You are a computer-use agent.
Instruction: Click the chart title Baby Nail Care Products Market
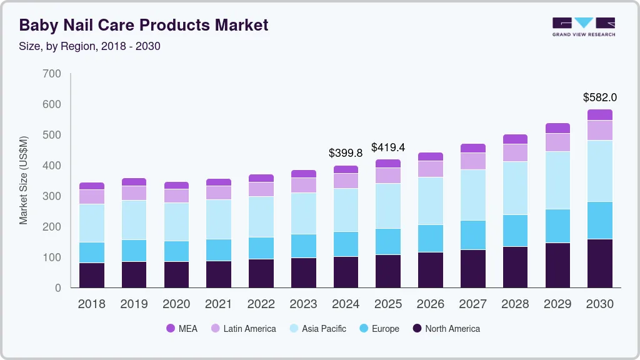coord(144,25)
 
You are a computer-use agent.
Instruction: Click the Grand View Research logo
coord(583,26)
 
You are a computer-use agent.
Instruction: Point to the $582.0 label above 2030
coord(599,97)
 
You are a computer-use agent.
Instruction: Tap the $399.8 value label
coord(346,152)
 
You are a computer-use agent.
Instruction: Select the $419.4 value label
coord(388,147)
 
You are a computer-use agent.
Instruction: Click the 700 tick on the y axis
coord(52,74)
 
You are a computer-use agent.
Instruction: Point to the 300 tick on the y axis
coord(52,196)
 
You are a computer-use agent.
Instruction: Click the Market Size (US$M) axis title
coord(24,180)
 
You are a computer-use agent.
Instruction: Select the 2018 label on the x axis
coord(91,304)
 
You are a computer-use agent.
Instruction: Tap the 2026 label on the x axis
coord(430,304)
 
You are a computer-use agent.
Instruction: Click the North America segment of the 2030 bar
coord(599,263)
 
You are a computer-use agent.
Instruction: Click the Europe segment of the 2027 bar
coord(472,235)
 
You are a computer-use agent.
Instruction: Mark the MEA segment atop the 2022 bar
coord(261,178)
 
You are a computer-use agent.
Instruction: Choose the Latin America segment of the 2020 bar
coord(176,196)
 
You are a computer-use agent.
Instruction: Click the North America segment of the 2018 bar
coord(91,275)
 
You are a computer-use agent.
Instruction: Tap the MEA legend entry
coord(182,329)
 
